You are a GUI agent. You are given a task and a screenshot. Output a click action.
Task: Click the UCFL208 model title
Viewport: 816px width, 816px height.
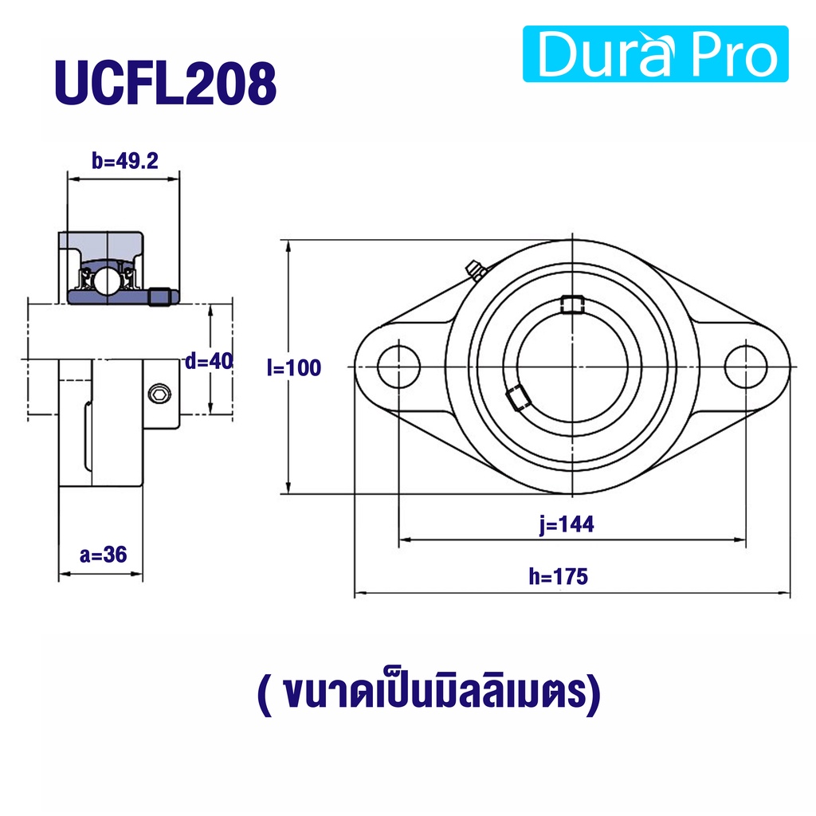pos(166,83)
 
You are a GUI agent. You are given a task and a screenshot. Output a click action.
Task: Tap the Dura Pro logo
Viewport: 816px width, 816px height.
pos(655,54)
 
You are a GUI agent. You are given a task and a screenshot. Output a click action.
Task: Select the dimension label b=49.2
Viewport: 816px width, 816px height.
pos(125,161)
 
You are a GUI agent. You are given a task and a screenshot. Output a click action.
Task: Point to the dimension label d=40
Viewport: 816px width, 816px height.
pos(209,361)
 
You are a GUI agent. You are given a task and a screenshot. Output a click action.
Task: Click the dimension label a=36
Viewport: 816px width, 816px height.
pos(103,555)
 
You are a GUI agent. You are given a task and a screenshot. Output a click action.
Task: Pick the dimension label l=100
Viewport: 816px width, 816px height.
pos(294,368)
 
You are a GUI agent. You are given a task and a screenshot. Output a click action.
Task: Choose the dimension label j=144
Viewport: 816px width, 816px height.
pos(567,524)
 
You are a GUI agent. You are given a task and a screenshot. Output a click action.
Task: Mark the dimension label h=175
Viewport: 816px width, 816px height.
pos(559,577)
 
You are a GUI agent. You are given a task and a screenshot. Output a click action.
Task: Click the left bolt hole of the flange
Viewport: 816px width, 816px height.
pos(398,367)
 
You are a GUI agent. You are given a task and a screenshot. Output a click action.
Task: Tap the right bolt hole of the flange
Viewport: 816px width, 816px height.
pos(746,367)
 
